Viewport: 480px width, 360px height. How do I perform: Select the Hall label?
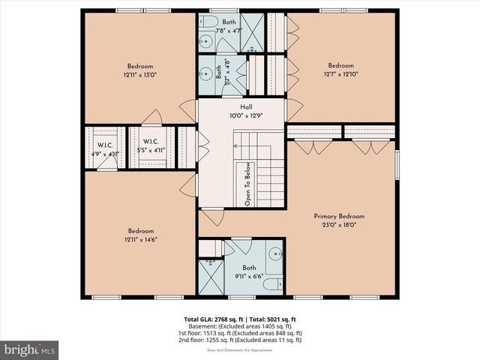241,107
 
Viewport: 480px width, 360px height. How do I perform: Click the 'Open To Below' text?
247,183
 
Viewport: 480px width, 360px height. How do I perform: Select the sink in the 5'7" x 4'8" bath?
207,75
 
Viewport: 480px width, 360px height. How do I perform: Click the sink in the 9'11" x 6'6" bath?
275,252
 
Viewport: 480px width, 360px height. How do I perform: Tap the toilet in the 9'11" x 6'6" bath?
276,283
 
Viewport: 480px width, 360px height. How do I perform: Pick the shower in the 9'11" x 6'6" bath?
210,277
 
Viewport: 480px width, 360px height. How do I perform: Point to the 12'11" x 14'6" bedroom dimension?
141,238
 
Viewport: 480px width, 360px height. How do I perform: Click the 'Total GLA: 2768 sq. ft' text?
213,318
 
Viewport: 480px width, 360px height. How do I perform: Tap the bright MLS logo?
29,349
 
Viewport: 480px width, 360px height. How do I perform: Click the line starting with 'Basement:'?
240,325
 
